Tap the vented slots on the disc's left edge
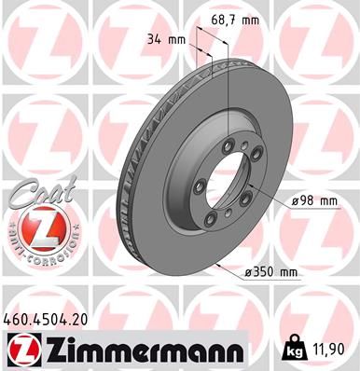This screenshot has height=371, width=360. tap(127, 186)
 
